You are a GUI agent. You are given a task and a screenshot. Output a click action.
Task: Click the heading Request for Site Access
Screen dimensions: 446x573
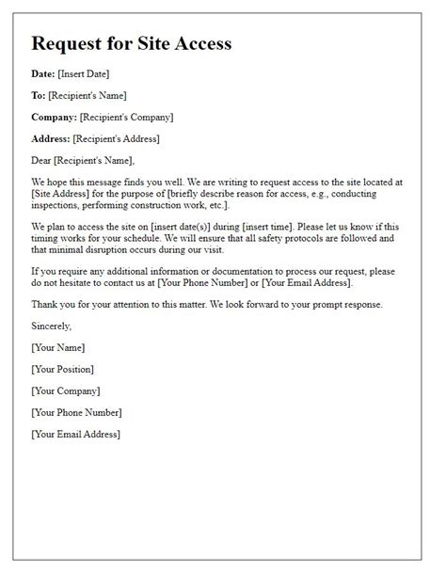[x=131, y=43]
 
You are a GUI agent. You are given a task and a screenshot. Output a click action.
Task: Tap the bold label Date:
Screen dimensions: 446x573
[x=44, y=73]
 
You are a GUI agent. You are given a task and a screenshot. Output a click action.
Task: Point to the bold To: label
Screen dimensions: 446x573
[x=40, y=95]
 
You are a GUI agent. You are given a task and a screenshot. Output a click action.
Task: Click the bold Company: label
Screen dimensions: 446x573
[x=54, y=118]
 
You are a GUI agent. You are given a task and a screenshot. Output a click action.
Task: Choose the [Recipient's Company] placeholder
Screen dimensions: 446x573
[x=127, y=118]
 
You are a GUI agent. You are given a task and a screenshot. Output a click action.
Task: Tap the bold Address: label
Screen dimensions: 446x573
[x=51, y=139]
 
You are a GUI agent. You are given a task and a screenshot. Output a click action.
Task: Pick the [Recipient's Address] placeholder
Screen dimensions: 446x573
[x=117, y=139]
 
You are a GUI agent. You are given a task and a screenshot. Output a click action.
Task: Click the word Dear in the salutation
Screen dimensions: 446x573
[x=42, y=161]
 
